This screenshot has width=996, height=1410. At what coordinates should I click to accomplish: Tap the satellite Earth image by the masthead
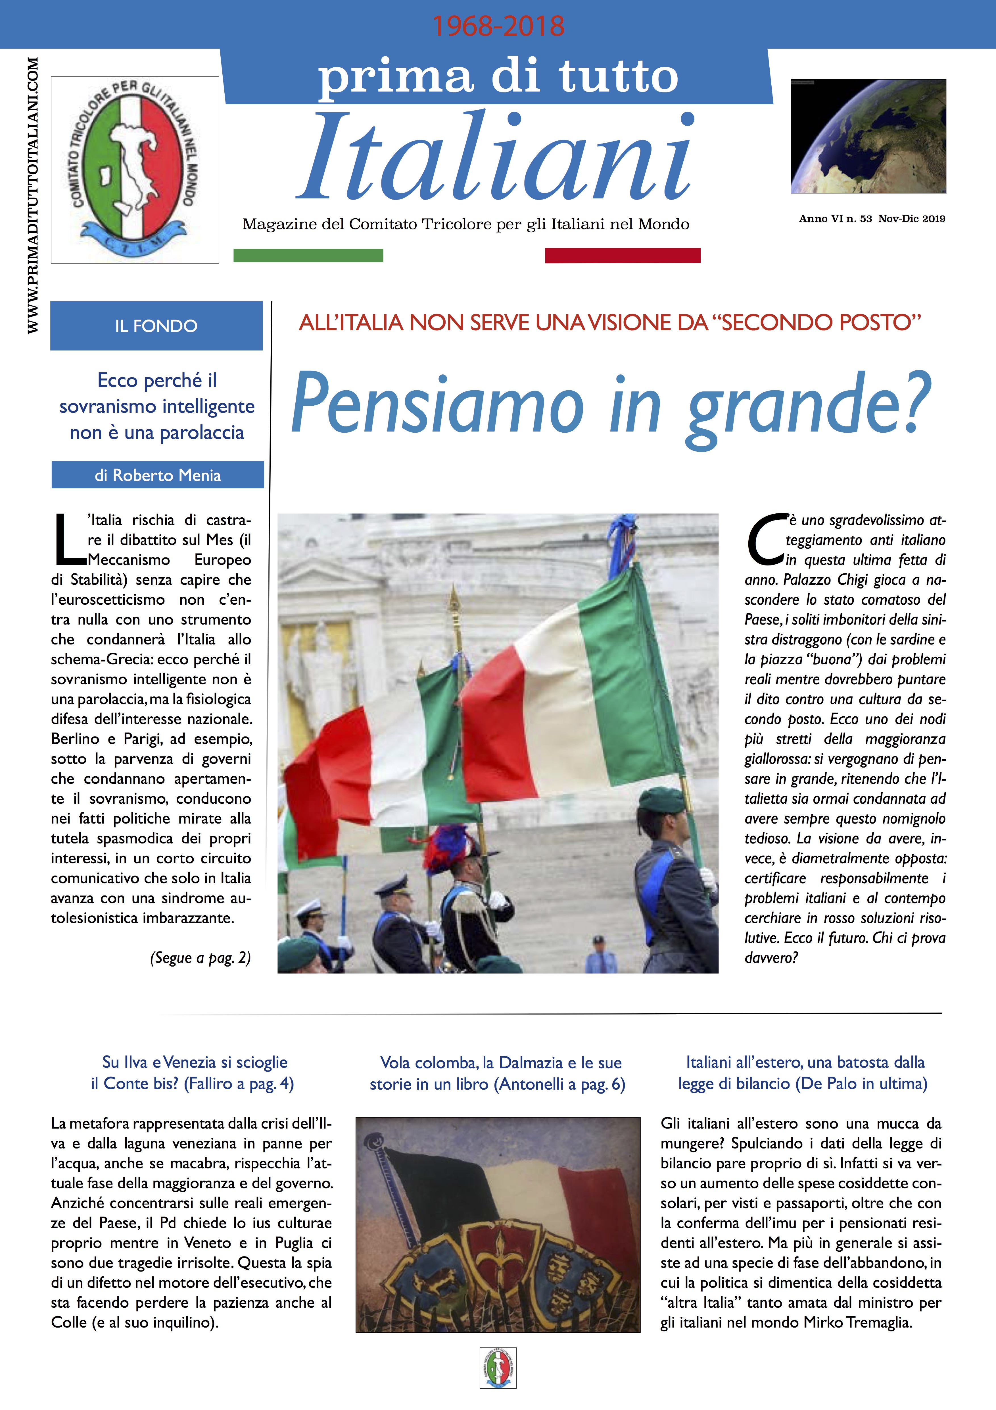coord(868,136)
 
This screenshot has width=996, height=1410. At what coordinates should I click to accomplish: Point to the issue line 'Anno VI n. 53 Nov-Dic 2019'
coord(871,219)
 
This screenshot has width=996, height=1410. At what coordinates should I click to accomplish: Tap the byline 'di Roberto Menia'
coord(158,475)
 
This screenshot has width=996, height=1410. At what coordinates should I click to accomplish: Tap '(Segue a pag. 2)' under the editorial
coord(200,958)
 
